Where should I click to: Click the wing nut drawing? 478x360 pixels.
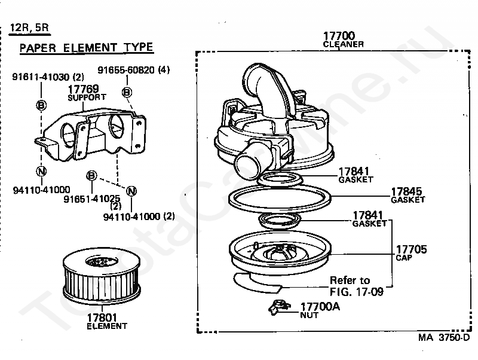pyautogui.click(x=277, y=307)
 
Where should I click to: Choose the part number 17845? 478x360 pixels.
pyautogui.click(x=407, y=192)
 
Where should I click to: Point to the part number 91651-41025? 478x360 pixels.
pyautogui.click(x=92, y=198)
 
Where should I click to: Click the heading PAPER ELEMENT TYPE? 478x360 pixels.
pyautogui.click(x=86, y=48)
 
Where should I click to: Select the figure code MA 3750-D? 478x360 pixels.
pyautogui.click(x=444, y=337)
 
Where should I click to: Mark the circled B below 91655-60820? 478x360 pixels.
pyautogui.click(x=127, y=91)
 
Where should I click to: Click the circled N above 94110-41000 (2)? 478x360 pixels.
pyautogui.click(x=132, y=191)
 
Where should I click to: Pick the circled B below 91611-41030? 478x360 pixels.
pyautogui.click(x=41, y=105)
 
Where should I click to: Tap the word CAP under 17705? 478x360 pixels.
pyautogui.click(x=403, y=258)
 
